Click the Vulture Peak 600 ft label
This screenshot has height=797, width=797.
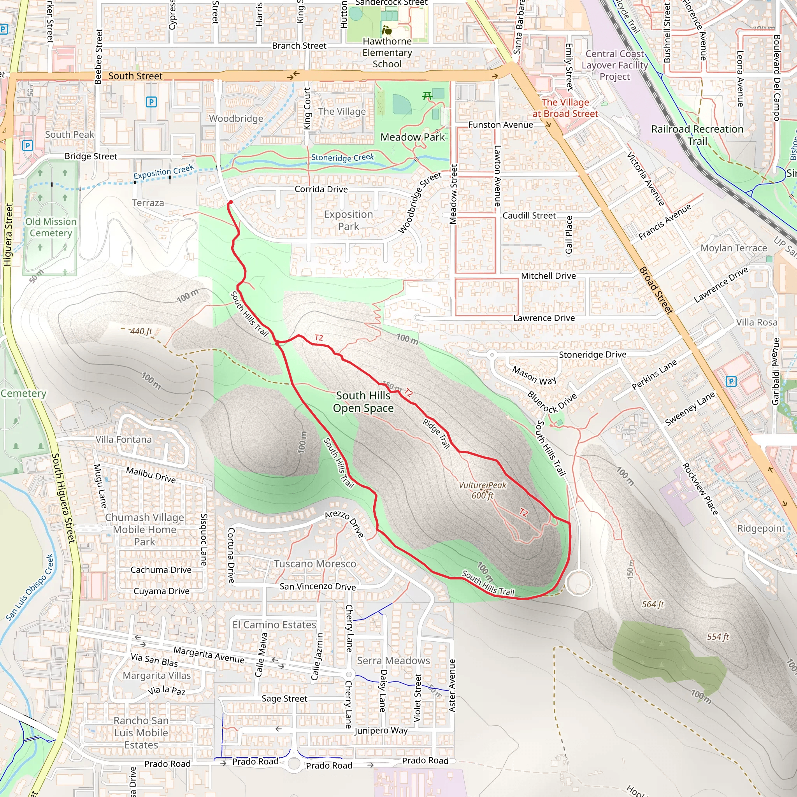point(482,490)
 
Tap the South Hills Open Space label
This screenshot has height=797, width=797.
point(363,401)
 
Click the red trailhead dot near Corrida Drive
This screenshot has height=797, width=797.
point(231,202)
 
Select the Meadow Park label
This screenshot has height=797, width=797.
point(413,137)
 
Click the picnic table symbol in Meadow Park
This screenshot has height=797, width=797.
point(427,96)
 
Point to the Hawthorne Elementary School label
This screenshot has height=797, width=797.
point(387,53)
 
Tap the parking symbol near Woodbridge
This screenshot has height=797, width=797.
point(151,102)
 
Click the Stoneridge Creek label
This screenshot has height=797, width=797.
point(342,157)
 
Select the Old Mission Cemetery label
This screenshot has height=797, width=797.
point(51,227)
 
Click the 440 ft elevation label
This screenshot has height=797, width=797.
point(141,331)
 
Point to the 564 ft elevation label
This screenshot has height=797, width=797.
point(653,604)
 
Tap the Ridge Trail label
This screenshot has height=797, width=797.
point(436,434)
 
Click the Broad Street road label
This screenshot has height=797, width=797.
point(655,290)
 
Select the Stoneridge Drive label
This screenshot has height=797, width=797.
point(592,355)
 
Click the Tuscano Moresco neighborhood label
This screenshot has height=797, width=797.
point(315,564)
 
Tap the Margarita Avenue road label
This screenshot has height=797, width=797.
point(209,655)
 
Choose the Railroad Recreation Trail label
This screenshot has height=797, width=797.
point(697,135)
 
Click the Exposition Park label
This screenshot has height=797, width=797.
point(348,220)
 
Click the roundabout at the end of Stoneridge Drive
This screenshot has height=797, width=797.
point(492,355)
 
